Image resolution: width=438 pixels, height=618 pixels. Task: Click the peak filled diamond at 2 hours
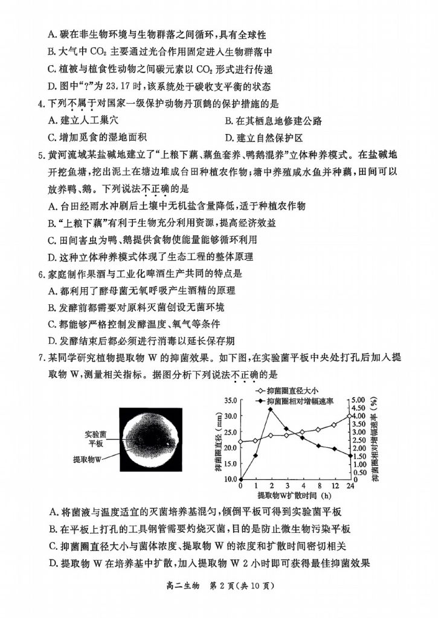pos(271,409)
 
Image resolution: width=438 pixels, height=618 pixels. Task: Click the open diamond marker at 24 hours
pos(350,416)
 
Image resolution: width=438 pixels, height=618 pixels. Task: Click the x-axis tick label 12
pos(334,486)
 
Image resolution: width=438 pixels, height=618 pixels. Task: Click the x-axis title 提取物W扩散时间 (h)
pos(295,495)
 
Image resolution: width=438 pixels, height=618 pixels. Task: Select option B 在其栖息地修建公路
pos(269,121)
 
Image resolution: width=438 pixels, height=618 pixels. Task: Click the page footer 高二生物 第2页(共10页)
pos(219,585)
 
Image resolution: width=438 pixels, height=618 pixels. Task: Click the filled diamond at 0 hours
pos(240,480)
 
